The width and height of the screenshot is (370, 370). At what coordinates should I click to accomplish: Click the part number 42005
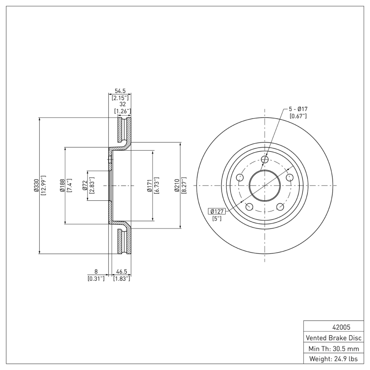333,327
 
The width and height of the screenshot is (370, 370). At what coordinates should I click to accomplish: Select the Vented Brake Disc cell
333,338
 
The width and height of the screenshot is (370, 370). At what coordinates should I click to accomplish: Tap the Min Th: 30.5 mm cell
333,348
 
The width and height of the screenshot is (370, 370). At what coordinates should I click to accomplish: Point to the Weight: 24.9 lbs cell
333,358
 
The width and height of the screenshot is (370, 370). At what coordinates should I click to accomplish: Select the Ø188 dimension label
62,186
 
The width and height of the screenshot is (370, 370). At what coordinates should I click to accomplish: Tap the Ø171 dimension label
149,186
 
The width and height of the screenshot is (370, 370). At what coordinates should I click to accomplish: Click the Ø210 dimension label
177,186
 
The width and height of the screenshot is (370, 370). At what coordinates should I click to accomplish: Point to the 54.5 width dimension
120,92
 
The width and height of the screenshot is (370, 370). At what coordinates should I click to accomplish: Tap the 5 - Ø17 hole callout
298,109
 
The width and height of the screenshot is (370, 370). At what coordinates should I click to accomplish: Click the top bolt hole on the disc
265,160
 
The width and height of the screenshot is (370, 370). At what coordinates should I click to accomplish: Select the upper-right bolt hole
290,178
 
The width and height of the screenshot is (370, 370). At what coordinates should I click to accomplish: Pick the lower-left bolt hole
249,207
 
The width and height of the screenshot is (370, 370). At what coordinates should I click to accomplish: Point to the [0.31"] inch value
96,279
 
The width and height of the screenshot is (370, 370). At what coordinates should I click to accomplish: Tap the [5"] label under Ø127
216,218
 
